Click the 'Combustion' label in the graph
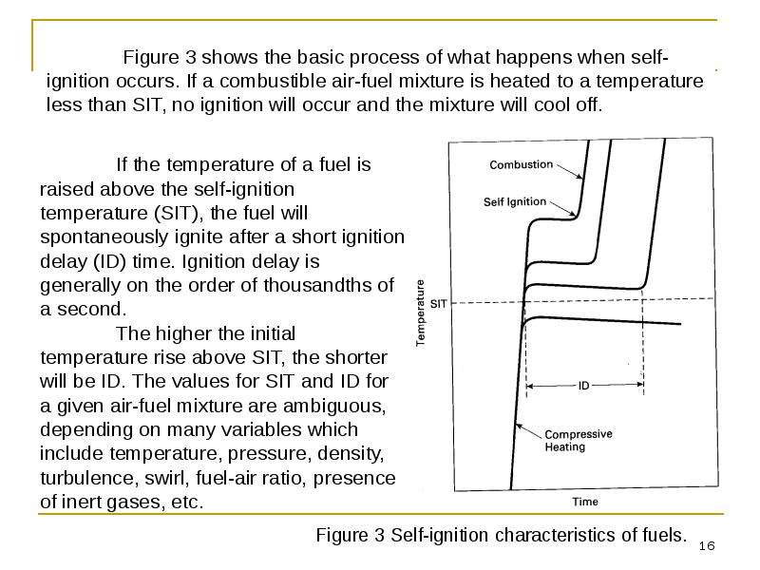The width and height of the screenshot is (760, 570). (521, 164)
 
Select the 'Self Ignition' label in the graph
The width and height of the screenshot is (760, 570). (515, 201)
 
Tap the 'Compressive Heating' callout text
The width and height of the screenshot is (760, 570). (579, 440)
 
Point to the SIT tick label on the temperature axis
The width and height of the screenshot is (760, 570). (438, 304)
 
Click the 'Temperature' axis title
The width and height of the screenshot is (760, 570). (420, 313)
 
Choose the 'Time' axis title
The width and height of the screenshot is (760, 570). (585, 502)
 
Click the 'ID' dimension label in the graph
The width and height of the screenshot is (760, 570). (583, 386)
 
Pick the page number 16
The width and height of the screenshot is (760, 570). (707, 546)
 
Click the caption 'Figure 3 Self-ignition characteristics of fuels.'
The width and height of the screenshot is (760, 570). (502, 535)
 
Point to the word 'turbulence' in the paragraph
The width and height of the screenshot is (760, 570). (86, 478)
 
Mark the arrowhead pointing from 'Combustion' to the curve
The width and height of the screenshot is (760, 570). (579, 177)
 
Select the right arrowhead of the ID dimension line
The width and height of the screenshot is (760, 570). (639, 385)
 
